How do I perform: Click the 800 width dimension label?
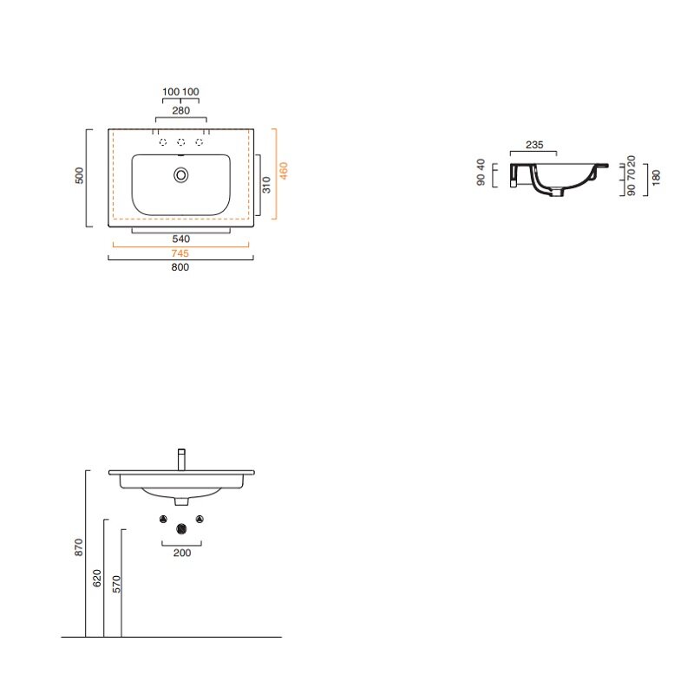180,267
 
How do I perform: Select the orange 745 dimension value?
180,253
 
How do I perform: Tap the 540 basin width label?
181,239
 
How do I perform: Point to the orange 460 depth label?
284,171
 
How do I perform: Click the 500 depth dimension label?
79,175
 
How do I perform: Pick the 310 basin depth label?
266,185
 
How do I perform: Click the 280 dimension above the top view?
181,110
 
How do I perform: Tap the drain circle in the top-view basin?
181,175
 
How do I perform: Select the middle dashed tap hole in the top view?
181,142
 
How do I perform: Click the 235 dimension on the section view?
534,145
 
